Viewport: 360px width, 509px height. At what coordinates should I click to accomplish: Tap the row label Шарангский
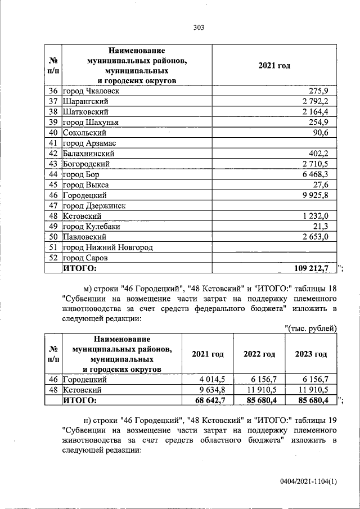[85, 101]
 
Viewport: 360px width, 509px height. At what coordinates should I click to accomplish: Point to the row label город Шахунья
[91, 122]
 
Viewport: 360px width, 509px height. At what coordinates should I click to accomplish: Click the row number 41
[53, 143]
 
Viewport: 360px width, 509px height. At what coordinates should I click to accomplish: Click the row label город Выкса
[85, 184]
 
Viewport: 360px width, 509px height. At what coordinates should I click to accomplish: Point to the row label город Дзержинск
[94, 205]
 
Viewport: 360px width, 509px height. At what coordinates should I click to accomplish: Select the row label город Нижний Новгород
[107, 247]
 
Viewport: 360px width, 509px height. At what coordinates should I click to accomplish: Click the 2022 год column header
[259, 354]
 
